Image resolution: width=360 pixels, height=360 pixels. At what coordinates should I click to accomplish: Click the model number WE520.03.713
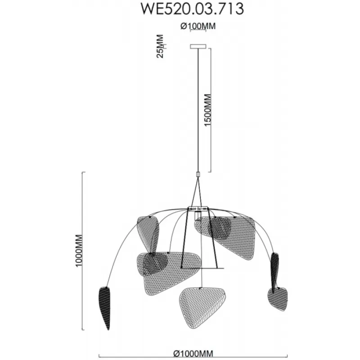pyautogui.click(x=192, y=9)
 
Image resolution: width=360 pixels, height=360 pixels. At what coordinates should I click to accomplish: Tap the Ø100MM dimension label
pyautogui.click(x=198, y=26)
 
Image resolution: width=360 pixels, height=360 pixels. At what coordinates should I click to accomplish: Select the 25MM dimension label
pyautogui.click(x=160, y=46)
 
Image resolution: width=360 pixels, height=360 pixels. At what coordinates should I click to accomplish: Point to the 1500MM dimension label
pyautogui.click(x=207, y=110)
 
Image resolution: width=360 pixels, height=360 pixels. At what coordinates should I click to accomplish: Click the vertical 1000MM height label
pyautogui.click(x=79, y=251)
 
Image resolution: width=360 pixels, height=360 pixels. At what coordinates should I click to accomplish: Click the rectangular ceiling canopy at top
pyautogui.click(x=198, y=46)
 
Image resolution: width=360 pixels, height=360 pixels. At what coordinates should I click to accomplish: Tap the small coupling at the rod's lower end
pyautogui.click(x=198, y=174)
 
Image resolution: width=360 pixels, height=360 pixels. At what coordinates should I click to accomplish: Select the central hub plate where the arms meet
pyautogui.click(x=198, y=209)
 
